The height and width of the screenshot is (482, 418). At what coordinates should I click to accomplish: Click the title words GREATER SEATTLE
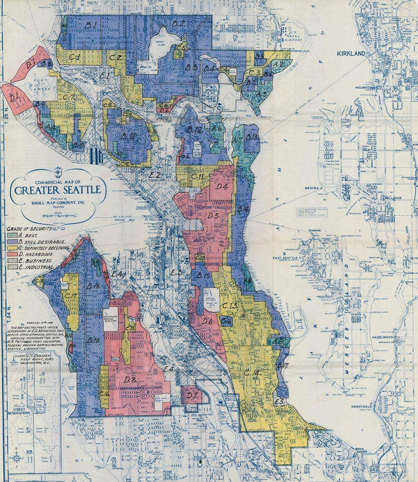pos(58,190)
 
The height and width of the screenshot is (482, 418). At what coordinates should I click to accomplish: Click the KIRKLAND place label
pos(351,53)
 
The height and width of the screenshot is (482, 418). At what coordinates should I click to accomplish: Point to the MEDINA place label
pos(312,188)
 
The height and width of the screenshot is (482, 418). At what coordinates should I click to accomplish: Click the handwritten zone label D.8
pos(131,379)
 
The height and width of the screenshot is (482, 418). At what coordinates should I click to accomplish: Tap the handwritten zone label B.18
pos(93,286)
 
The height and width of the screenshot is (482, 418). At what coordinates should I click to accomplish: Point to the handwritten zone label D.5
pos(213,215)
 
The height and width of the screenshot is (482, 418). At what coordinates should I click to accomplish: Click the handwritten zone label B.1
pos(91,25)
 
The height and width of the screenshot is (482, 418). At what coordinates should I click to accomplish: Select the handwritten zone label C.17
pos(71,296)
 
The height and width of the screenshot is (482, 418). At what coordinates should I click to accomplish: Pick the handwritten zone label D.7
pos(192,396)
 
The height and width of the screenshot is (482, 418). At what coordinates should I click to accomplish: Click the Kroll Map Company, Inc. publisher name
pos(58,204)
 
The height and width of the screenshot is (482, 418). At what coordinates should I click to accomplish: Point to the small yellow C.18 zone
pos(40,281)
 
